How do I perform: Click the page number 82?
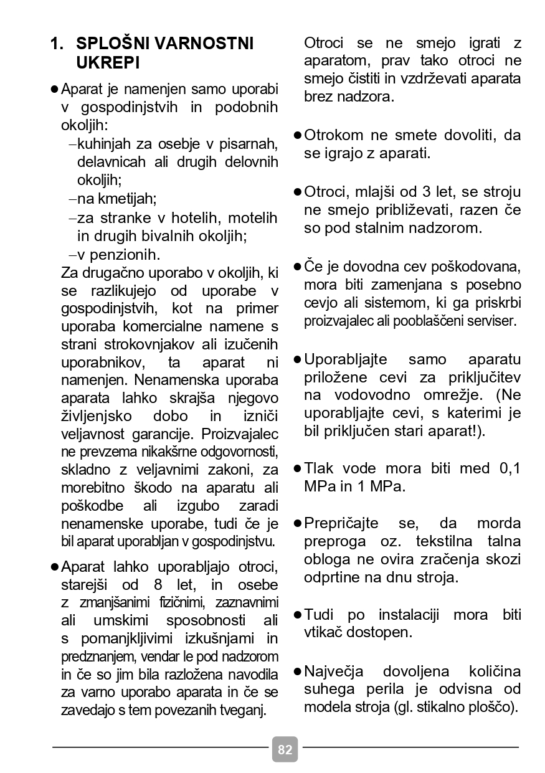[x=285, y=749]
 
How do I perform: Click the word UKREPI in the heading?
[x=107, y=63]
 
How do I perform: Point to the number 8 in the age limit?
[x=157, y=586]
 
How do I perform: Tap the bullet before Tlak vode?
[x=298, y=468]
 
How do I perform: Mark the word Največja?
[x=334, y=671]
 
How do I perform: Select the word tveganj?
[x=245, y=710]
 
